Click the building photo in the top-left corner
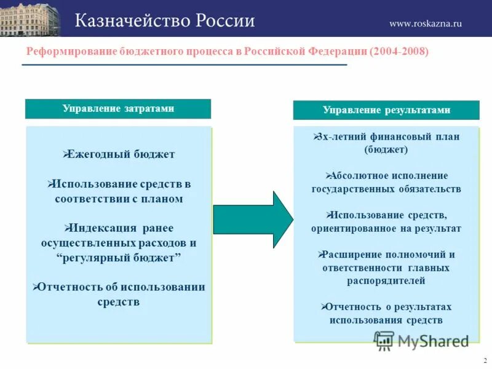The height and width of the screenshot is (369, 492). [30, 18]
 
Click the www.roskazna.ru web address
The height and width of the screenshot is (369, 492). [425, 23]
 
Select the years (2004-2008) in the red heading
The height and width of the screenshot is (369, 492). [399, 52]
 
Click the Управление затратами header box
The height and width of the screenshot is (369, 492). [118, 109]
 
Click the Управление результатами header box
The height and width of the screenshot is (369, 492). [386, 110]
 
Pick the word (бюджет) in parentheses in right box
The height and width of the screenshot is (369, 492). [386, 149]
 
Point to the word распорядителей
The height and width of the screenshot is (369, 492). [386, 281]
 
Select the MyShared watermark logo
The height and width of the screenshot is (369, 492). [422, 340]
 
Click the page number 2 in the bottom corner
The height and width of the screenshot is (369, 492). [485, 360]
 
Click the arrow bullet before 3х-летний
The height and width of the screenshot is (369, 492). [315, 136]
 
